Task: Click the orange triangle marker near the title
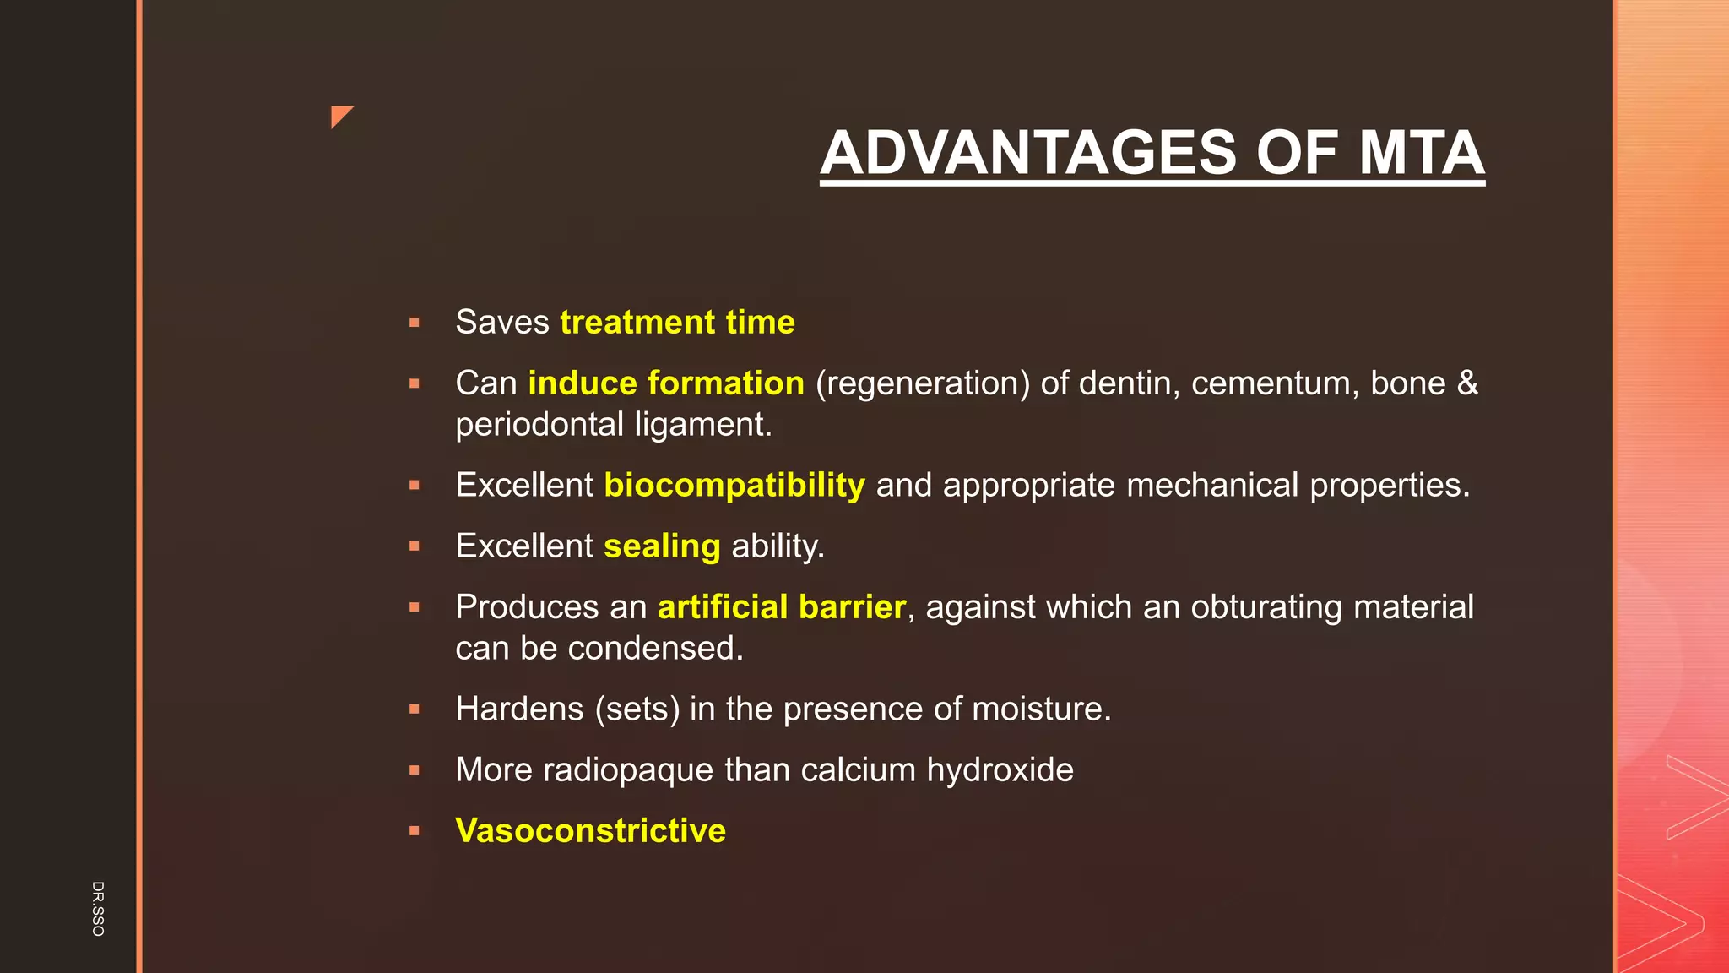340,116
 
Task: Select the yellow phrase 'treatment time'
677,323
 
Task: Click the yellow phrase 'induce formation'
666,383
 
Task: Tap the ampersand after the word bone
1467,383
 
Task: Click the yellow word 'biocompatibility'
734,486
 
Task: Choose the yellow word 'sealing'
662,546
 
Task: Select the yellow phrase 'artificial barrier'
782,607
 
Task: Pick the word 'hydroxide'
1000,770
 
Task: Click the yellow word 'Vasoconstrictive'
590,831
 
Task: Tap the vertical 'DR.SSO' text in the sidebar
98,908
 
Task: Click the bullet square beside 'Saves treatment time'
414,323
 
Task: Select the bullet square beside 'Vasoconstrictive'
414,831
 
